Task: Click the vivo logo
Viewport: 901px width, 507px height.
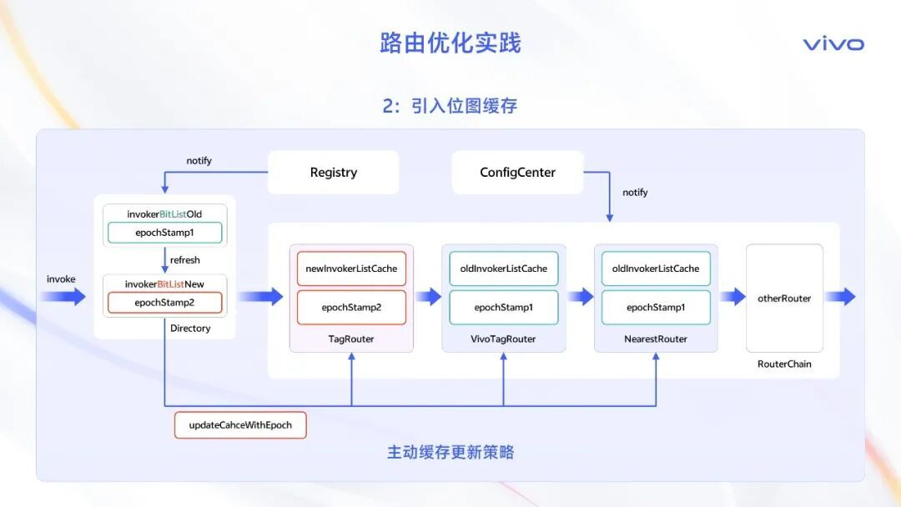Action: [833, 44]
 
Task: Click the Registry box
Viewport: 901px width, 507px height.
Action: [333, 173]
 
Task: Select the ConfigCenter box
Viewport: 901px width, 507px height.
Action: [517, 173]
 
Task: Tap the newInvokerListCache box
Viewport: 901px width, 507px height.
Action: [351, 269]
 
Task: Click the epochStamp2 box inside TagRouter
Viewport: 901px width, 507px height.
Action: [351, 308]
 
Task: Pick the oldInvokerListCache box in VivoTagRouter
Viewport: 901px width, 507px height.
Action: [504, 269]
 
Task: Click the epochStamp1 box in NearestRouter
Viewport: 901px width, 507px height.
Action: [656, 308]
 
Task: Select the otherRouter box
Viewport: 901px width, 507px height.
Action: [784, 298]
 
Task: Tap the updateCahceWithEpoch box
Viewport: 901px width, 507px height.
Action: [240, 424]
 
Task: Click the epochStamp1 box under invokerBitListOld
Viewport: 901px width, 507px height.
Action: [164, 233]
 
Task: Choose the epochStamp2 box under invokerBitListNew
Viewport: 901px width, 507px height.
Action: [164, 303]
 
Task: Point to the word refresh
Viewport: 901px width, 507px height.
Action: [185, 260]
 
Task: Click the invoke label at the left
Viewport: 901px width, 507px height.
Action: [61, 279]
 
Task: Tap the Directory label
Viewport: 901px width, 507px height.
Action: [190, 329]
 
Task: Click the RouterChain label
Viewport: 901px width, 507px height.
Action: [784, 364]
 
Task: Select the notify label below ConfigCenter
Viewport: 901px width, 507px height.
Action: [635, 193]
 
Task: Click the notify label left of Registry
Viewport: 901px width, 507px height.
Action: [199, 161]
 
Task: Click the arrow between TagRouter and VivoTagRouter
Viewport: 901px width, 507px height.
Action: [428, 297]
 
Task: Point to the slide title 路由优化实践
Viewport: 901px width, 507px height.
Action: [450, 43]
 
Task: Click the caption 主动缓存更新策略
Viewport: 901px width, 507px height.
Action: [450, 453]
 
